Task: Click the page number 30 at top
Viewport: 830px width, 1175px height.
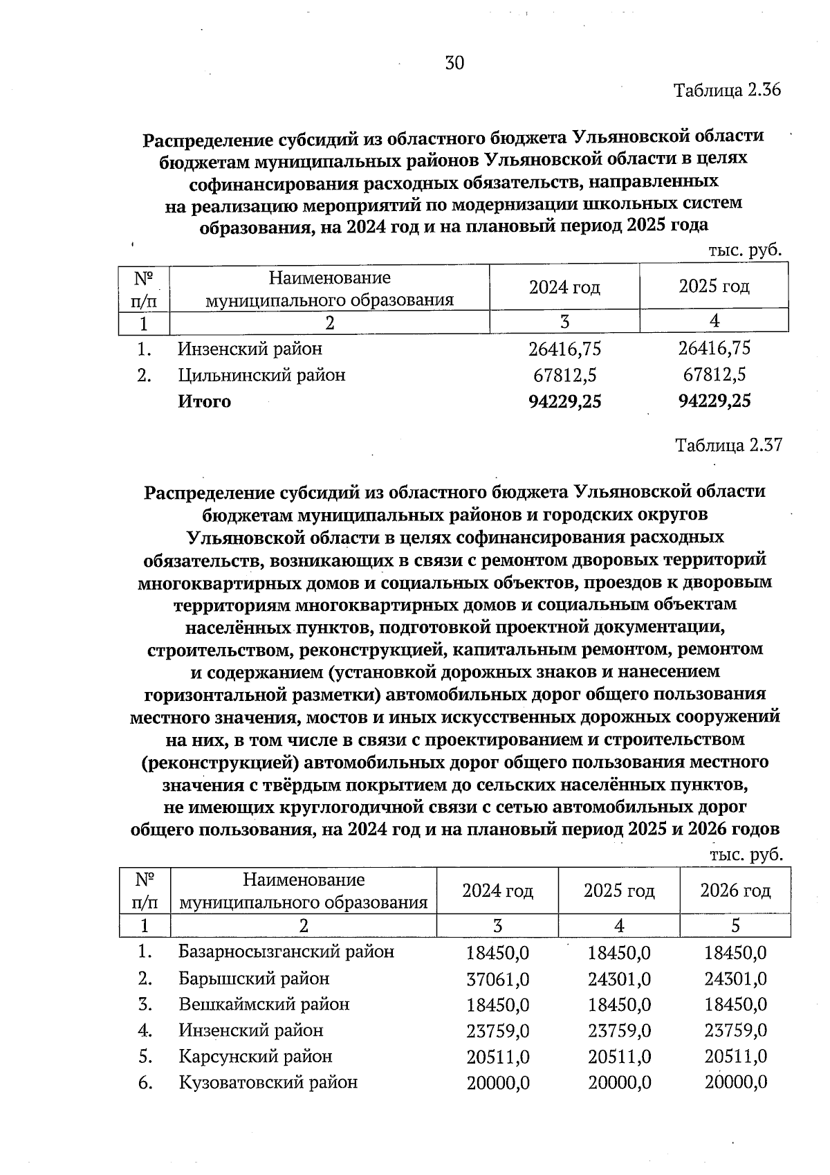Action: click(454, 64)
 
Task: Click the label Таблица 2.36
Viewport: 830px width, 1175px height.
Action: click(727, 91)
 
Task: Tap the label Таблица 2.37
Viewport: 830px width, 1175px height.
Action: click(728, 445)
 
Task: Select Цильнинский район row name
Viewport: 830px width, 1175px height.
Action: click(261, 376)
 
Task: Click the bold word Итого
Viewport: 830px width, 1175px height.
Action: click(205, 402)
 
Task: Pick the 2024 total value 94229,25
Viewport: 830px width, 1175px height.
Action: click(564, 402)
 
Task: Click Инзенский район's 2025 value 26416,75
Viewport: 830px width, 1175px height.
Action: click(714, 349)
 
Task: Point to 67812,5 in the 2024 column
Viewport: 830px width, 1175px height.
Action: click(564, 376)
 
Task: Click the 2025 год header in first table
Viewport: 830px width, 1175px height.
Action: click(714, 286)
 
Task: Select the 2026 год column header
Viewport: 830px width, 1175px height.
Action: click(735, 891)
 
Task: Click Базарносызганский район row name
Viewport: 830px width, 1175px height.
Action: click(286, 952)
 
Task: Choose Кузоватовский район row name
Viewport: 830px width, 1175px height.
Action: click(268, 1083)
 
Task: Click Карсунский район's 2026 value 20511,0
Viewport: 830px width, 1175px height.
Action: click(735, 1057)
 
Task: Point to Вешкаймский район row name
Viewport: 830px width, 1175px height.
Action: click(264, 1005)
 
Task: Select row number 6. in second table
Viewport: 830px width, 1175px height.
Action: click(145, 1083)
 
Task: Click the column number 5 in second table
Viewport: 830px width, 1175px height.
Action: click(735, 926)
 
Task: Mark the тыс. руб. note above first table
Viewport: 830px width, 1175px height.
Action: click(744, 251)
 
